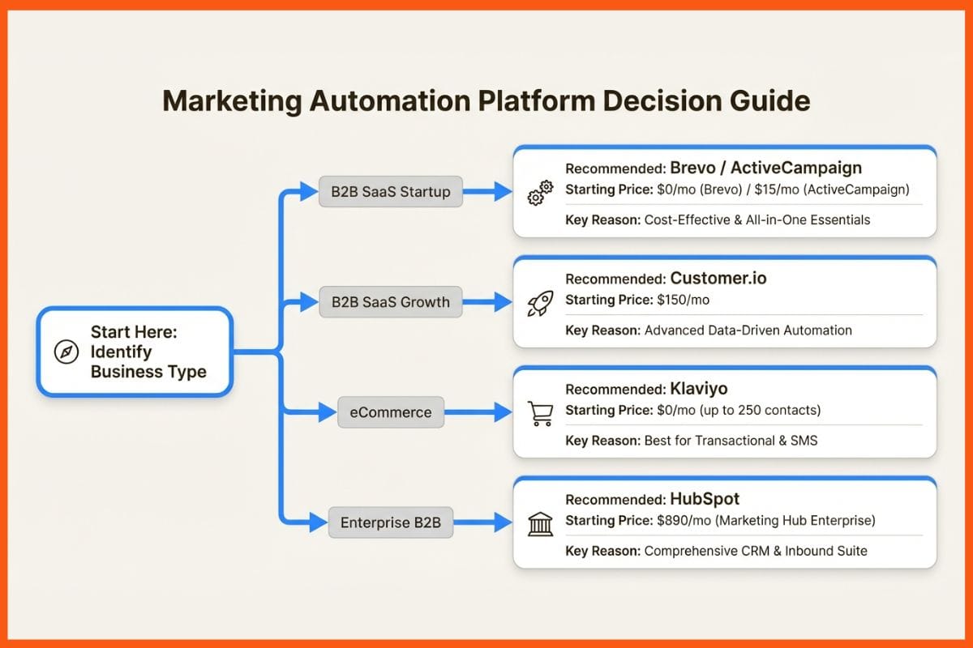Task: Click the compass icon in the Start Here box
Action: [x=66, y=352]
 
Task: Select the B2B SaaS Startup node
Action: [x=390, y=192]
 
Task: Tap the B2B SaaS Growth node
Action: [x=390, y=302]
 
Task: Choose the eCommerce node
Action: [x=391, y=412]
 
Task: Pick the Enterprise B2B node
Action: [x=390, y=522]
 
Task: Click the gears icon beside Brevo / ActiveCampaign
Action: [x=540, y=193]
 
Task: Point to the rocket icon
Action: [x=540, y=303]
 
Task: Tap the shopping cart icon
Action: [x=540, y=413]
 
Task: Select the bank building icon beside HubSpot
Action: [x=540, y=523]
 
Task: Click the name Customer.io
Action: [x=718, y=279]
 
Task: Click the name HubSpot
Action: [x=705, y=499]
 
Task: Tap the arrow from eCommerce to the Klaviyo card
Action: [x=478, y=412]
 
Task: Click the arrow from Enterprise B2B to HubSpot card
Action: [x=482, y=522]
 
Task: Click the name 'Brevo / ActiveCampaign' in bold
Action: [x=765, y=168]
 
